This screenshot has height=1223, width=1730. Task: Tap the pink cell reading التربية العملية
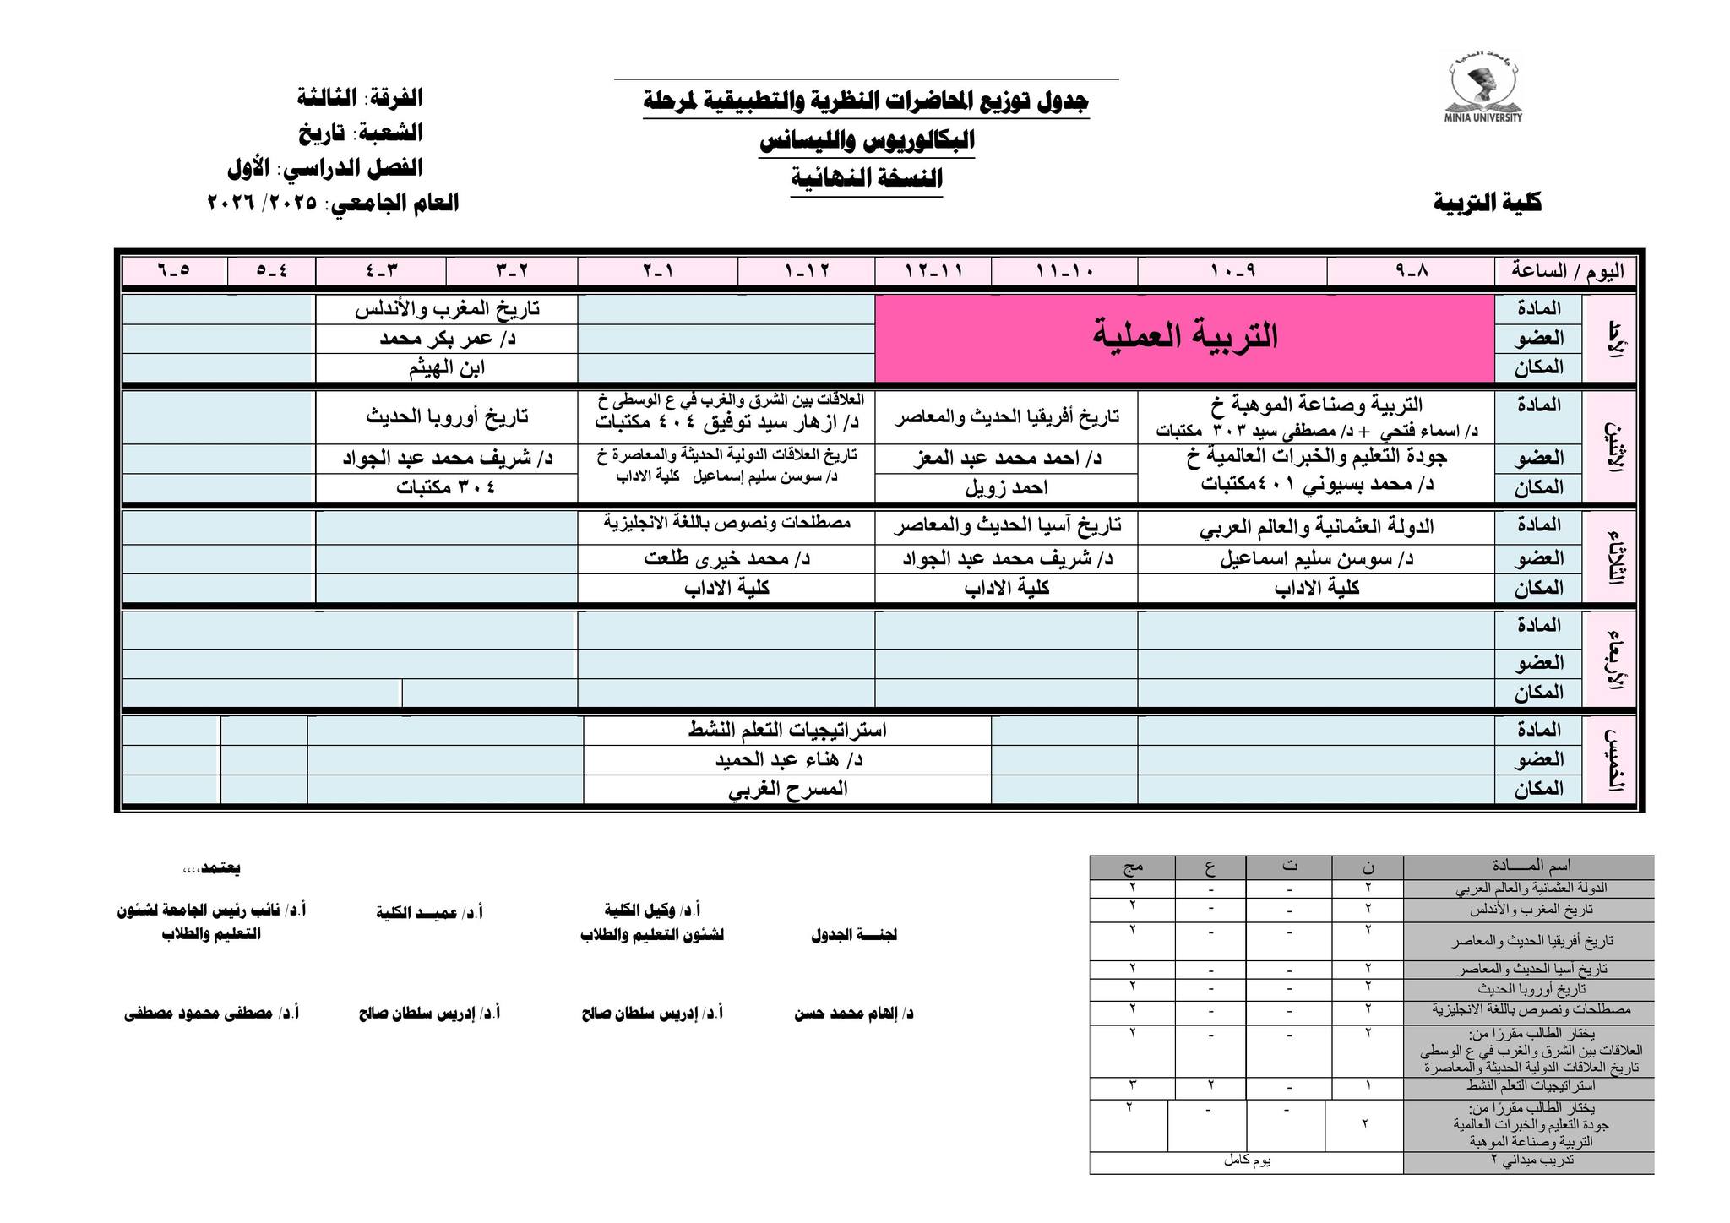click(1184, 337)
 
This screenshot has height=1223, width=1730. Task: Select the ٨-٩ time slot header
click(1410, 272)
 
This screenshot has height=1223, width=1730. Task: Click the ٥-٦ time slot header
click(174, 272)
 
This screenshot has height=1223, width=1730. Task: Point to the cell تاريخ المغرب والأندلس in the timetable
click(447, 309)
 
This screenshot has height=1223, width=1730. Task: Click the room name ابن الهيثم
click(447, 368)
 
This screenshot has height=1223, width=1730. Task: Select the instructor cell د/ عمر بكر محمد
click(447, 339)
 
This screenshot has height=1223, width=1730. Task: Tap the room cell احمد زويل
click(1006, 487)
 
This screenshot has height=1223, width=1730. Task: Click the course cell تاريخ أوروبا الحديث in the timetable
click(447, 416)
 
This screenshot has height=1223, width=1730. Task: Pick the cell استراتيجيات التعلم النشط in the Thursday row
click(787, 730)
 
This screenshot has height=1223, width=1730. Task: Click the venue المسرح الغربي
click(787, 789)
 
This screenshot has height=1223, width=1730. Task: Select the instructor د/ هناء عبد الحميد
click(787, 759)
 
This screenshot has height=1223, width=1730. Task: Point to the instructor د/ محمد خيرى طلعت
click(726, 558)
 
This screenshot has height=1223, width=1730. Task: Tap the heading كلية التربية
click(1487, 203)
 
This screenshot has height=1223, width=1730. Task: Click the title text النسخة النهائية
click(866, 179)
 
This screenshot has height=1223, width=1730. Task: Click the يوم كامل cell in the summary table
click(1247, 1161)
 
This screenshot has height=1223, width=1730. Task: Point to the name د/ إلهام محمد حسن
click(853, 1014)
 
